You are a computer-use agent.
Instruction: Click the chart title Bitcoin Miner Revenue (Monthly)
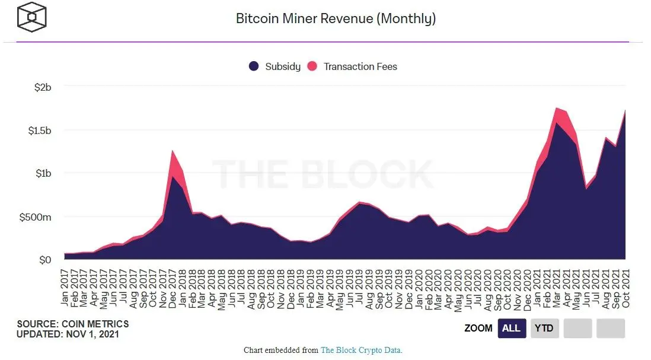[x=336, y=18]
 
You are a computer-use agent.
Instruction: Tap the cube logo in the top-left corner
[x=32, y=18]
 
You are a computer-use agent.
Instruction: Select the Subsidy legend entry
[x=275, y=66]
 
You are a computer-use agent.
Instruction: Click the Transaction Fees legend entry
[x=353, y=66]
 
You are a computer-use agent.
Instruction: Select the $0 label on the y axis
[x=45, y=260]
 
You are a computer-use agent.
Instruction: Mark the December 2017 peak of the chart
[x=173, y=151]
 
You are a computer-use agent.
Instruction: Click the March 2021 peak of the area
[x=557, y=108]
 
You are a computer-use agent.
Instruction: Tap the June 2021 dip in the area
[x=586, y=188]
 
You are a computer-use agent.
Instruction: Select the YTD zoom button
[x=544, y=328]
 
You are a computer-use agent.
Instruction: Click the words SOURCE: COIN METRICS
[x=72, y=324]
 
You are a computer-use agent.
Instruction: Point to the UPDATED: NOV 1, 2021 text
[x=68, y=334]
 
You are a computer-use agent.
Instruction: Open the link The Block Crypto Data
[x=361, y=350]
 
